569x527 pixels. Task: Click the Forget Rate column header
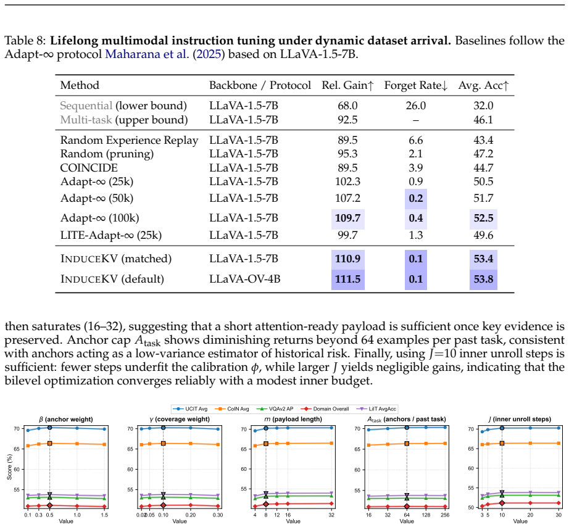click(x=416, y=85)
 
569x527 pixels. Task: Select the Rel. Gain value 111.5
click(x=347, y=279)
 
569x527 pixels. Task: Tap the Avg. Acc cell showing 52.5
click(x=483, y=218)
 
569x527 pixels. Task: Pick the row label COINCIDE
click(x=89, y=168)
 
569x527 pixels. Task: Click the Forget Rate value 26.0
click(x=416, y=106)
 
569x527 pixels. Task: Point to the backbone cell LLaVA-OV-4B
click(x=244, y=279)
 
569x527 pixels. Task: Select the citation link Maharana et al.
click(x=147, y=54)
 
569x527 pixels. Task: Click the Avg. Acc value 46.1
click(x=483, y=120)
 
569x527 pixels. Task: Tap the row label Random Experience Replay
click(x=129, y=141)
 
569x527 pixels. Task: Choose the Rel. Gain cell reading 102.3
click(x=347, y=181)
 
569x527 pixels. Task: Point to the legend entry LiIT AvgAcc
click(x=376, y=409)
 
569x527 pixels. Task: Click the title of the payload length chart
click(x=293, y=419)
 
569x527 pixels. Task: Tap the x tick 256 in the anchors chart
click(x=445, y=515)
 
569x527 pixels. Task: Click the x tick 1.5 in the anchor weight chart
click(x=104, y=515)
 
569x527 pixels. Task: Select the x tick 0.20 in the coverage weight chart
click(x=191, y=515)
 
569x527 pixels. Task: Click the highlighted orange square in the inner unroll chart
click(x=502, y=443)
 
